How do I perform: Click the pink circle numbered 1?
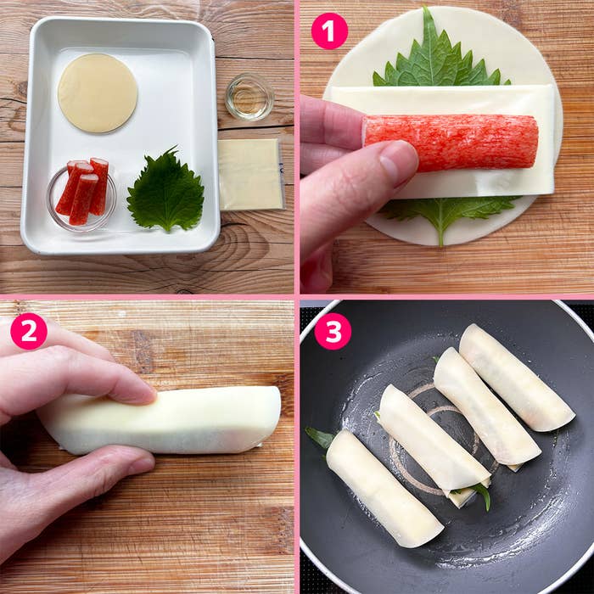[x=329, y=31]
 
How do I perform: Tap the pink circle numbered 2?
[x=29, y=331]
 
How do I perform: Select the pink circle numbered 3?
[x=333, y=331]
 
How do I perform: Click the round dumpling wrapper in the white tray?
[x=98, y=93]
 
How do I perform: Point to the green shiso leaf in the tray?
[x=166, y=190]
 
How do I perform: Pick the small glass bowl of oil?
[x=249, y=97]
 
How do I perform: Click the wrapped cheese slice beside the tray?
[x=251, y=174]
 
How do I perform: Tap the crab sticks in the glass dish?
[x=82, y=191]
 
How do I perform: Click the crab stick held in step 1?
[x=451, y=142]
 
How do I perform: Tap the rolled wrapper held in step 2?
[x=161, y=421]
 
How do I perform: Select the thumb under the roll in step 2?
[x=114, y=464]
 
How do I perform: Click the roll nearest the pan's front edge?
[x=384, y=489]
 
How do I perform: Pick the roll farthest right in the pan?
[x=516, y=378]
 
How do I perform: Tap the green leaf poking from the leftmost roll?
[x=320, y=438]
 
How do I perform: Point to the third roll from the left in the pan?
[x=486, y=406]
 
